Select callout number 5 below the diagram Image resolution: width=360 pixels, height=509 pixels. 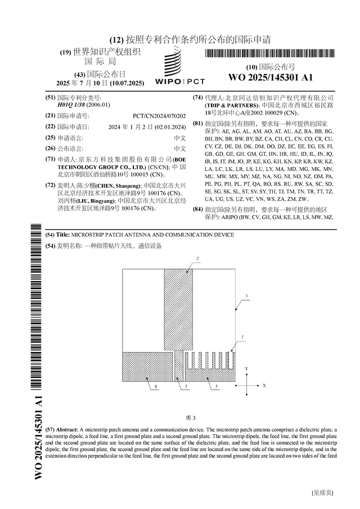217,388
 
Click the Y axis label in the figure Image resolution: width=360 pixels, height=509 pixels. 246,367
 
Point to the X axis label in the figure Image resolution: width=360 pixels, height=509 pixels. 263,386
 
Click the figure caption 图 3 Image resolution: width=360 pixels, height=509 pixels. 191,418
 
